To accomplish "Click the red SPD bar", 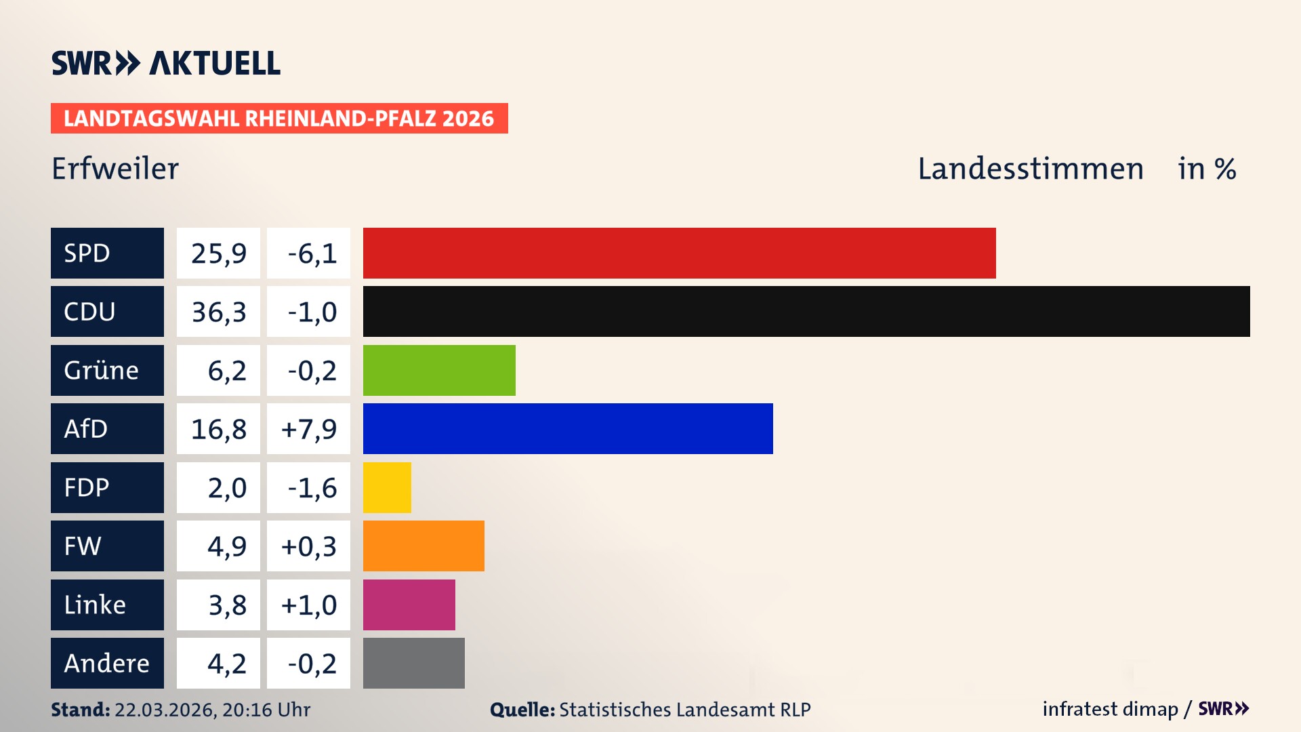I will pos(679,253).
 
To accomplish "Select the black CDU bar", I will pos(806,312).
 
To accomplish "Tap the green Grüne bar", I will pos(439,370).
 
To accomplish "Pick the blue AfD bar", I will pos(568,428).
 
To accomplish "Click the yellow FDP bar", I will pos(387,487).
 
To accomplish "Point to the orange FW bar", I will pos(424,546).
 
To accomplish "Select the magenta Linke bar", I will pos(409,605).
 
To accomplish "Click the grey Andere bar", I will pos(413,663).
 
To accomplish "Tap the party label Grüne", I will pos(102,370).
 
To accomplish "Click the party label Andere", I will pos(106,663).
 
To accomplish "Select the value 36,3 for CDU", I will pos(218,312).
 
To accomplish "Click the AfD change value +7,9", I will pos(308,428).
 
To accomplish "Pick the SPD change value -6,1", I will pos(312,253).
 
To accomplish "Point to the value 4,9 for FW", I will pos(226,546).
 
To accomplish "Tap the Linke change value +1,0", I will pos(308,605).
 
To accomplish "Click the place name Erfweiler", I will pos(115,169).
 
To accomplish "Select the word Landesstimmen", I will pos(1030,169).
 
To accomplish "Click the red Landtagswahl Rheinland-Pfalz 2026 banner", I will pos(279,119).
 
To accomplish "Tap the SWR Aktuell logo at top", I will pos(166,63).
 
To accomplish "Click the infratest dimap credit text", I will pos(1110,709).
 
